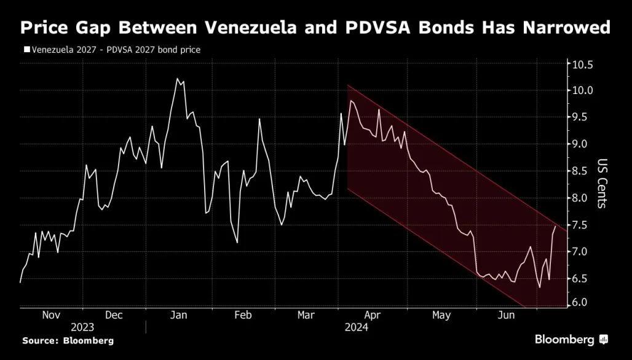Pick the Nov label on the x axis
coord(51,315)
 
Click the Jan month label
coord(178,315)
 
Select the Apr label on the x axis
coord(373,315)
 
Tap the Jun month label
coord(506,315)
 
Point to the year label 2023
coord(83,327)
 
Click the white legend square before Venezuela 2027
coord(26,49)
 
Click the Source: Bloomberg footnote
coord(68,340)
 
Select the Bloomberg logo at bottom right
coord(571,340)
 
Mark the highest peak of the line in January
coord(177,79)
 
